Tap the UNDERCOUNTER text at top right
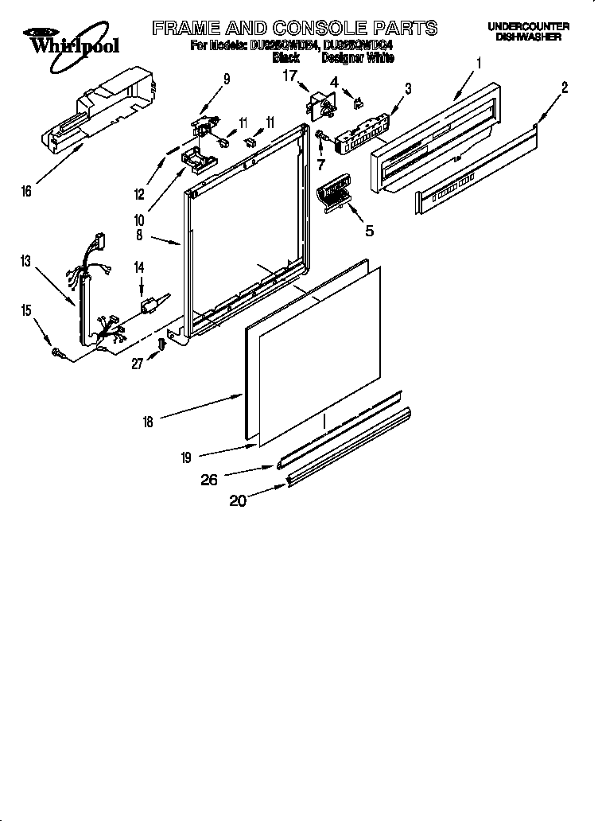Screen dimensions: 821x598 pyautogui.click(x=528, y=27)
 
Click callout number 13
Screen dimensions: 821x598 pyautogui.click(x=26, y=261)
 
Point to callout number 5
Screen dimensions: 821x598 pyautogui.click(x=368, y=231)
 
